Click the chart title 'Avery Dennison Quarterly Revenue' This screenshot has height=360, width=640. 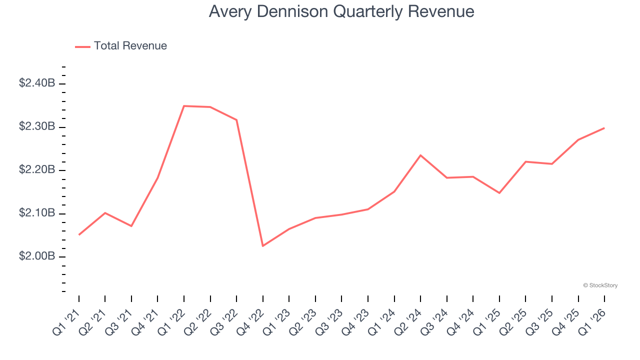click(341, 11)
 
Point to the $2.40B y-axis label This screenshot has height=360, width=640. click(37, 83)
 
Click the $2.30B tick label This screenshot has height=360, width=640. click(37, 127)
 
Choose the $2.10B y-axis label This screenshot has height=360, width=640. click(37, 213)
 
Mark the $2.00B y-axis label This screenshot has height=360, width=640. click(37, 256)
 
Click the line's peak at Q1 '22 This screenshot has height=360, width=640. click(184, 106)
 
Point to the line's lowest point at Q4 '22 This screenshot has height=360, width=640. click(263, 245)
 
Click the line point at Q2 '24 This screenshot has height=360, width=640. click(420, 155)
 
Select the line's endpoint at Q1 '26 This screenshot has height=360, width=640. click(604, 128)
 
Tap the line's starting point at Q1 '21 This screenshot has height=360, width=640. click(79, 234)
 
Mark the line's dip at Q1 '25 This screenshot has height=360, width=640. click(499, 193)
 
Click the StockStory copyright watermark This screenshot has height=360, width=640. click(600, 285)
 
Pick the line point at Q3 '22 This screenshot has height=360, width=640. click(236, 120)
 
